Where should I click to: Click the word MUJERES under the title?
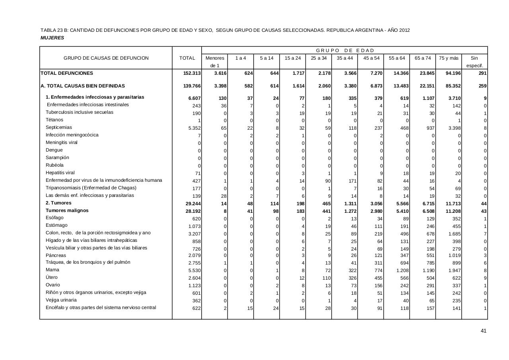point(52,38)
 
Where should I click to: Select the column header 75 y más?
point(449,58)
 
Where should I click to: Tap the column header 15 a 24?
point(292,58)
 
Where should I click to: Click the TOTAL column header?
point(187,58)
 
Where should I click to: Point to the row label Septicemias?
point(59,127)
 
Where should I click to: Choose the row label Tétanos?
point(54,120)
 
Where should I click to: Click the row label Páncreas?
point(56,255)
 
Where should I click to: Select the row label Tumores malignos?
point(67,210)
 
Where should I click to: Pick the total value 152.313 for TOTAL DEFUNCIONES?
point(192,74)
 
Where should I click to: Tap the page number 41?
point(483,331)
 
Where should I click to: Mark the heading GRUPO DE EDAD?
point(345,51)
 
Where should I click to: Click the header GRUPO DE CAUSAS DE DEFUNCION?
point(106,58)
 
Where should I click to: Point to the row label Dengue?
point(54,150)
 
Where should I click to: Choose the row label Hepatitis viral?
point(60,173)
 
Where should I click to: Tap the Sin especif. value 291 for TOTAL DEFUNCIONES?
point(482,74)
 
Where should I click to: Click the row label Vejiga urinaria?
point(61,300)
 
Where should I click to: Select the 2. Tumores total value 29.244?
point(193,204)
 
